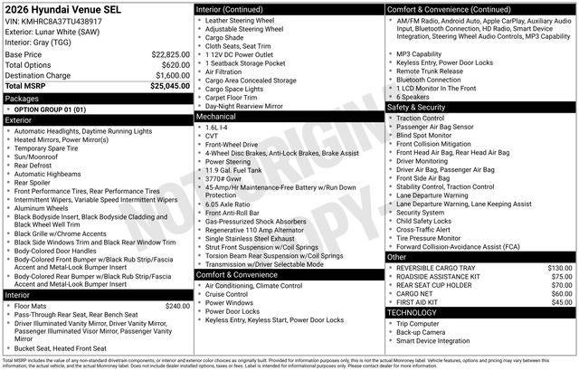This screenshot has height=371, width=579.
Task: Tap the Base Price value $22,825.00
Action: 169,54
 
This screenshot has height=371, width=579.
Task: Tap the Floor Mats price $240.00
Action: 173,307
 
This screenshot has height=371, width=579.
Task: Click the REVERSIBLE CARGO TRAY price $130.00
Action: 560,268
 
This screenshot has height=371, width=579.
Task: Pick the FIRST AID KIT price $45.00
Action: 562,302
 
